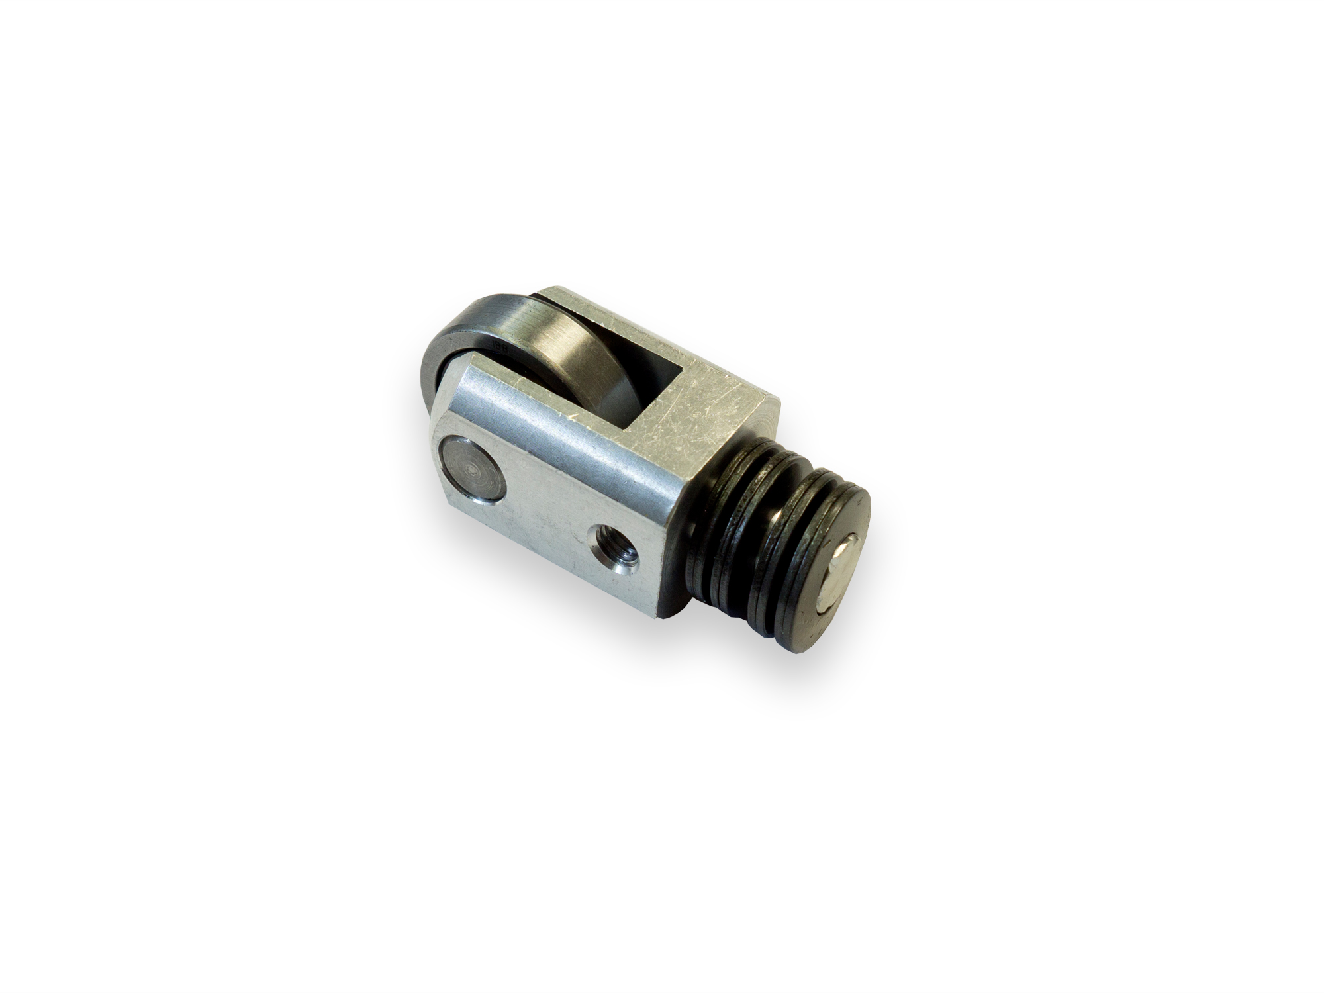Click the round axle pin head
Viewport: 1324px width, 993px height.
[471, 469]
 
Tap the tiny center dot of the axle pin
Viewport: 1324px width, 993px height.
[471, 469]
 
